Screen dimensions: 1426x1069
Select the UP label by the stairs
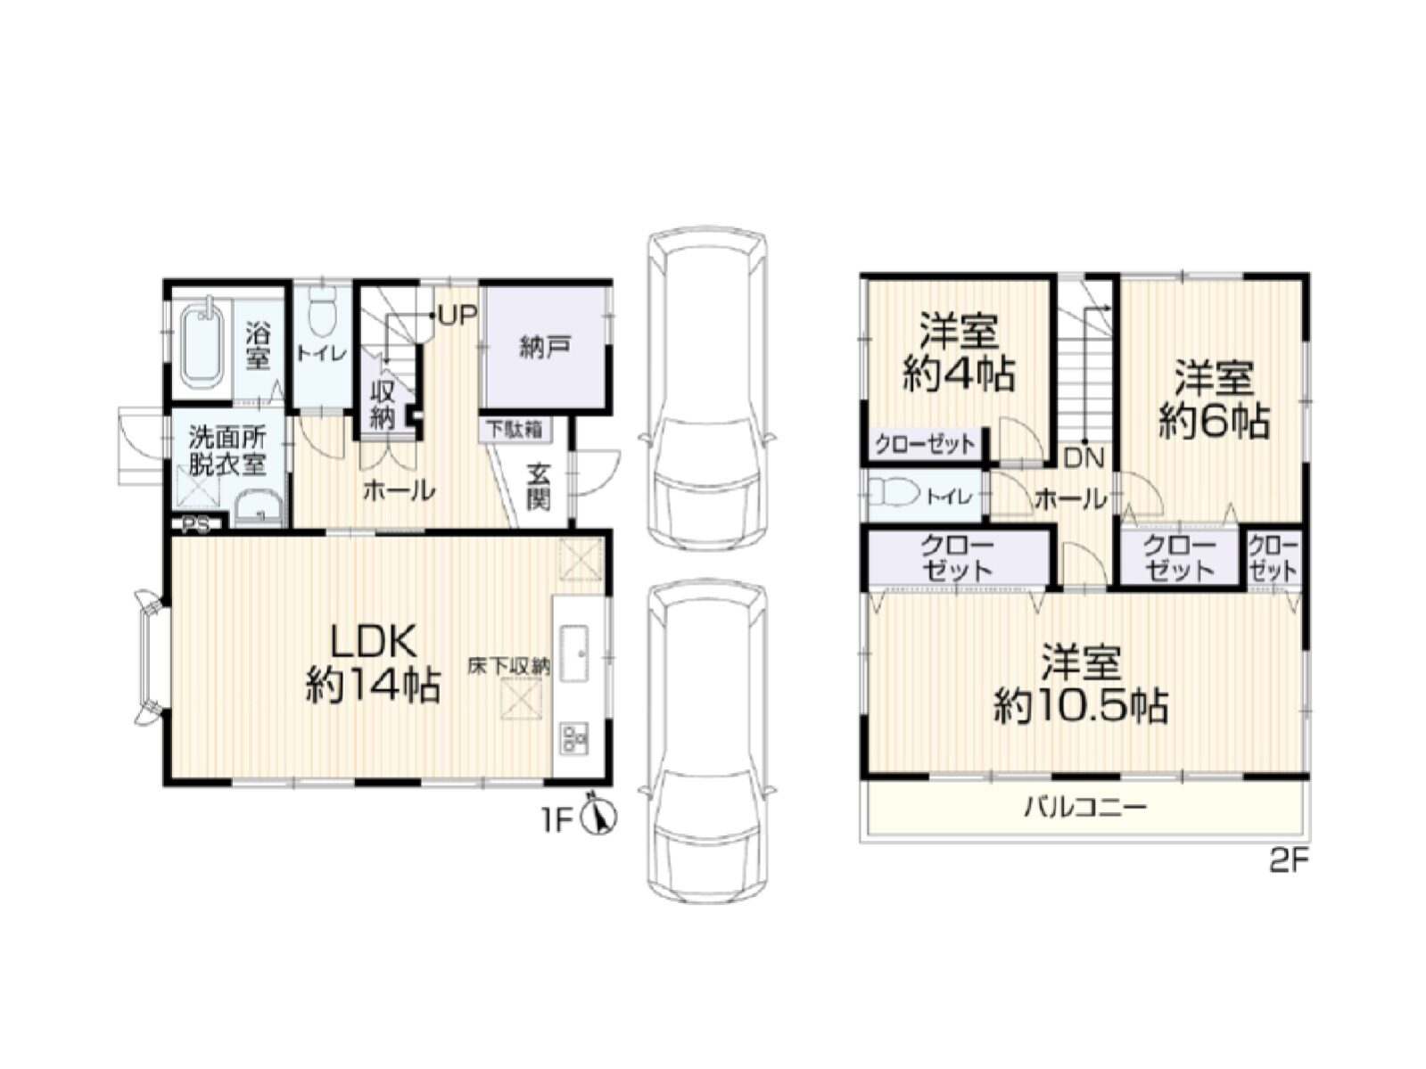coord(458,315)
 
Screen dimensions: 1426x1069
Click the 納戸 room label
coord(545,348)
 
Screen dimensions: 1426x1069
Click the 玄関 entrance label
coord(539,486)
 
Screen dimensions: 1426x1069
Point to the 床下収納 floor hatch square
coord(521,697)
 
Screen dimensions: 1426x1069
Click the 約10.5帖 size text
coord(1081,705)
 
